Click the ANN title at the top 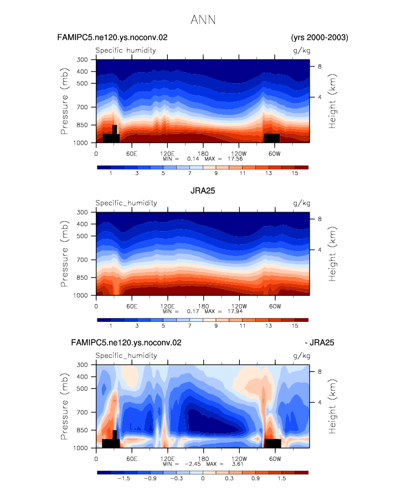click(203, 20)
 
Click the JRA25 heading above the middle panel click(203, 191)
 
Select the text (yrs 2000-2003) click(320, 38)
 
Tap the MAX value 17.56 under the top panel click(235, 159)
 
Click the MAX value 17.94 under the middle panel click(235, 311)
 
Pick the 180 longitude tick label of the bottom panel click(203, 459)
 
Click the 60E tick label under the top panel click(132, 154)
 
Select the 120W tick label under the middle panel click(239, 306)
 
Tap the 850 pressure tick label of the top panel click(82, 125)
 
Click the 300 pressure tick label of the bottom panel click(82, 365)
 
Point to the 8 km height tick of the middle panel click(320, 219)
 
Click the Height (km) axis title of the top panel click(332, 101)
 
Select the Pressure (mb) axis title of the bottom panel click(64, 406)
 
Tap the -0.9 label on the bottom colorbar click(150, 479)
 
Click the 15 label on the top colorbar click(295, 173)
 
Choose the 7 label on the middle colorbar click(189, 326)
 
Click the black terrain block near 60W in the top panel click(272, 138)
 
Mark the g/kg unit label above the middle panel click(301, 203)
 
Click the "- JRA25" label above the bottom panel click(320, 342)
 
